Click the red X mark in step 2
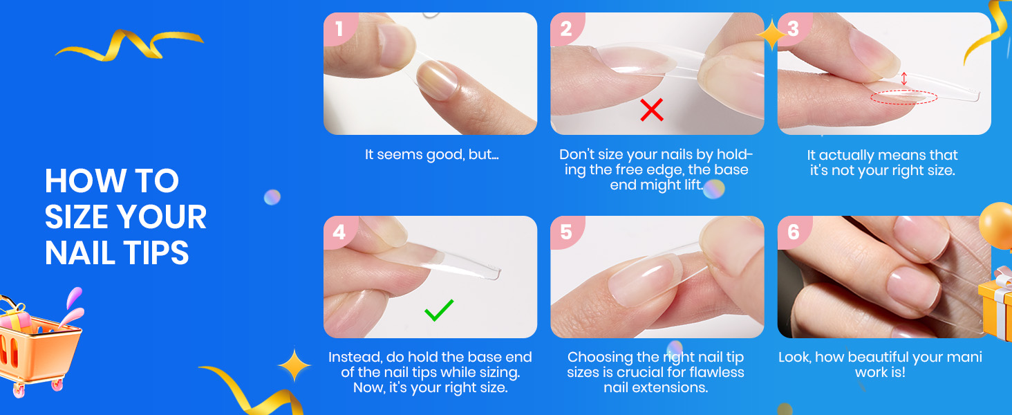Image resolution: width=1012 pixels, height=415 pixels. pos(651,110)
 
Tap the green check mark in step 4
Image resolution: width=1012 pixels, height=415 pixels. pos(439,310)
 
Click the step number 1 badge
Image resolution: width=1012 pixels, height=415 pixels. pos(339,28)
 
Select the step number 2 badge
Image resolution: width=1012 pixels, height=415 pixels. pos(567,28)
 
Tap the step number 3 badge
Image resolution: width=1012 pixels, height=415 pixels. pos(794,28)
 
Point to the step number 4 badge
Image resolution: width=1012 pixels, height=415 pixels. pos(339,232)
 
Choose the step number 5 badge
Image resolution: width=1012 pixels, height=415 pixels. pos(567,232)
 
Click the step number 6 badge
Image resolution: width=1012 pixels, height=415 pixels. pos(794,232)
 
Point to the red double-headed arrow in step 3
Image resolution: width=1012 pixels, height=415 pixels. pos(903,79)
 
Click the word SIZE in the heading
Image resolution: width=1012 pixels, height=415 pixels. pos(78,217)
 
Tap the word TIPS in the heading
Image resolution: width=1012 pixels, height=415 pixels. pos(156,252)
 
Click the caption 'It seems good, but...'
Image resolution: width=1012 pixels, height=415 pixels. pos(431,155)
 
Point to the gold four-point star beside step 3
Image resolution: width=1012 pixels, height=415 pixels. pos(771,35)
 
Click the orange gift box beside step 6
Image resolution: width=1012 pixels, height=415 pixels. pos(996,303)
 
